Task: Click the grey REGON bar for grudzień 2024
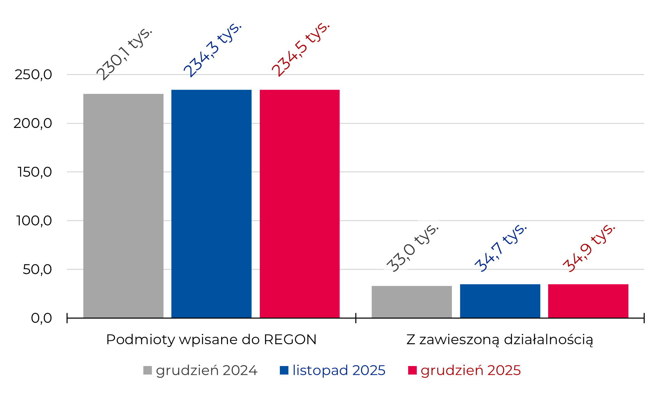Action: coord(123,206)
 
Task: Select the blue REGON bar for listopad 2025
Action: coord(211,204)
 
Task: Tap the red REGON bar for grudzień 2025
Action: coord(299,204)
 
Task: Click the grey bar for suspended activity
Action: coord(412,302)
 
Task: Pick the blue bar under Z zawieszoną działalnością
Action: coord(500,301)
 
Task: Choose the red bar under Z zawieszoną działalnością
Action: coord(588,301)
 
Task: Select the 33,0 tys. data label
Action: coord(412,248)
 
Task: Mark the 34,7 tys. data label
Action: coord(501,248)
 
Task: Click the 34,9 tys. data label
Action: coord(589,248)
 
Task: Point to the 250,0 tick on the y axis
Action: coord(33,74)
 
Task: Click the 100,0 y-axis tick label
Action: coord(34,221)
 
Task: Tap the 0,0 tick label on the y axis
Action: coord(41,318)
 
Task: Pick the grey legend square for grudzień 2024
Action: coord(147,370)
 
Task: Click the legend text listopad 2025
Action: coord(339,370)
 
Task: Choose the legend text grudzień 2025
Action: coord(471,370)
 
